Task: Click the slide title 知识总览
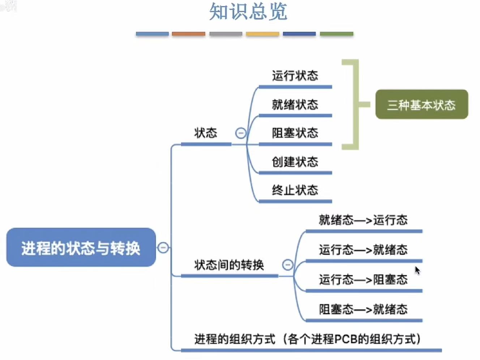tap(248, 12)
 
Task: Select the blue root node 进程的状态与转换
tap(81, 248)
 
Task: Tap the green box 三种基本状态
tap(421, 105)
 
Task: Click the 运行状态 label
tap(295, 76)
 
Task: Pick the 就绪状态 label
tap(295, 105)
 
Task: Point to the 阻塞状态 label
tap(295, 133)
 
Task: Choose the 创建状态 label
tap(295, 162)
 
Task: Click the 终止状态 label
tap(295, 190)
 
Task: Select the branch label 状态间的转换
tap(229, 265)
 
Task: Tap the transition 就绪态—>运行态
tap(363, 220)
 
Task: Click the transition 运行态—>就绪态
tap(363, 250)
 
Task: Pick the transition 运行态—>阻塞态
tap(363, 279)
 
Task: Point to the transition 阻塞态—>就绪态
tap(363, 309)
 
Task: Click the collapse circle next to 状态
tap(241, 133)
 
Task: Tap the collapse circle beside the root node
tap(163, 248)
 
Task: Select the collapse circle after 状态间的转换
tap(288, 265)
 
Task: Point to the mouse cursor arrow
tap(417, 270)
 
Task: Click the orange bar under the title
tap(188, 34)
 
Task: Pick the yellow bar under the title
tap(262, 34)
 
